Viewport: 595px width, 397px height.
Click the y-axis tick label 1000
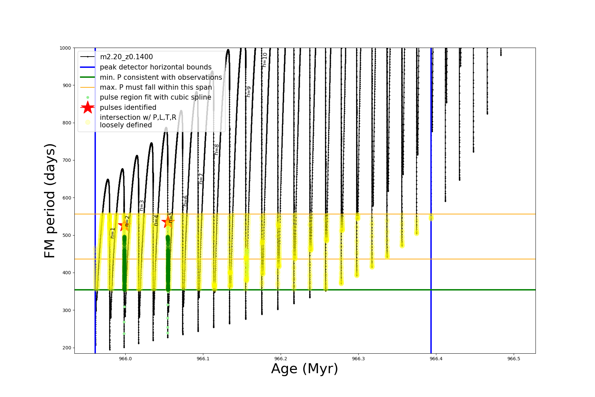pos(65,48)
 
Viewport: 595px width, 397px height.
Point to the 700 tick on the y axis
pos(66,160)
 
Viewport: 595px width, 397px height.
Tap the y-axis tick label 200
pos(66,348)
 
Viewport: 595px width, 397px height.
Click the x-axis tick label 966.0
pos(125,359)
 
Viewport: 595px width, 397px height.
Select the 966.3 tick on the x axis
pos(358,359)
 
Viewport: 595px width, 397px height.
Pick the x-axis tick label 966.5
pos(514,359)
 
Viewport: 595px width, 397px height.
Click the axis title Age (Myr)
pos(304,369)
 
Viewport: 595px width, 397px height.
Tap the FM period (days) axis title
pos(50,200)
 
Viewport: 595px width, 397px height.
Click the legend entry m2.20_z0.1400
pos(126,57)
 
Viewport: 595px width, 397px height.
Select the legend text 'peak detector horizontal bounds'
pos(156,67)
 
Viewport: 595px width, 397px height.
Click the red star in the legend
pos(88,108)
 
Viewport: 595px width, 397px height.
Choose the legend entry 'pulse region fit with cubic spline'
pos(155,97)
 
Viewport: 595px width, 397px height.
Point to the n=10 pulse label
pos(264,60)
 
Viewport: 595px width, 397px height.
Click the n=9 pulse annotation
pos(249,92)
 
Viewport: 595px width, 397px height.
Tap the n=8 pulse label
pos(217,150)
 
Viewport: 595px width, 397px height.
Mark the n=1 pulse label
pos(113,233)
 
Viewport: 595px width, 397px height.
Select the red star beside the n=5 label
pos(167,221)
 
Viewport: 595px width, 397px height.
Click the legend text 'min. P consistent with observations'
pos(161,77)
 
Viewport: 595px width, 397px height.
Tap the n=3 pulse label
pos(141,205)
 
